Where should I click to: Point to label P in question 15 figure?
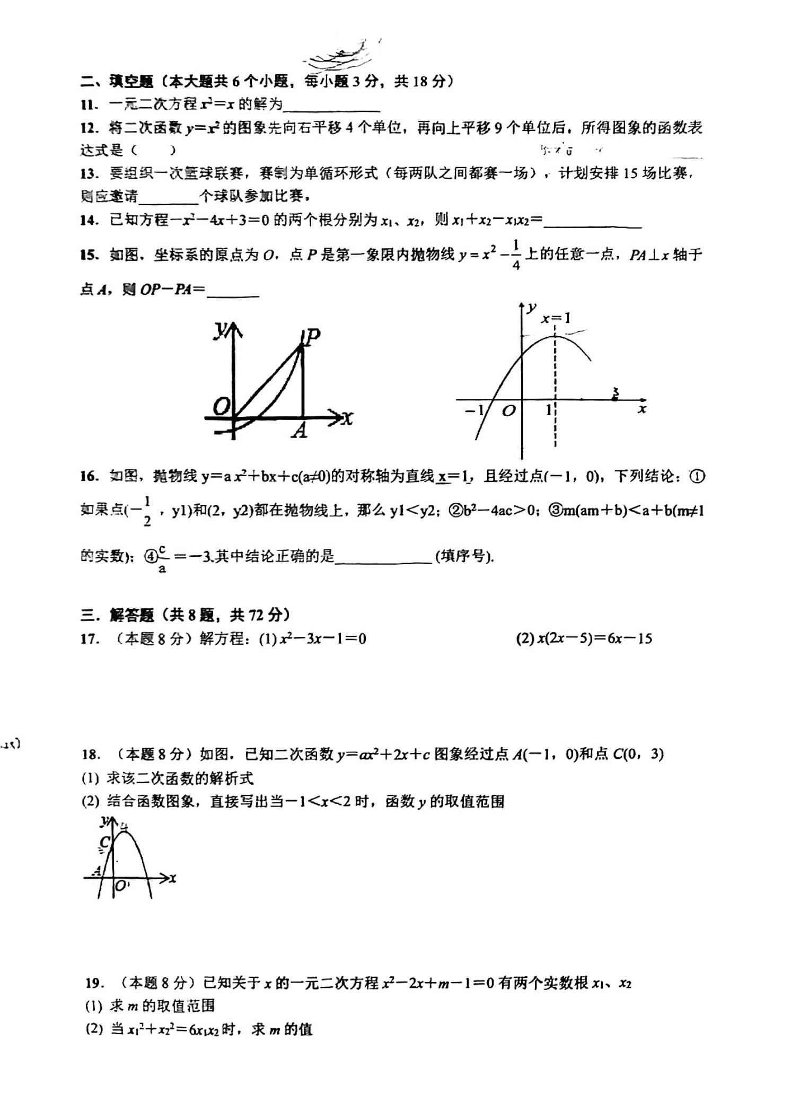(313, 336)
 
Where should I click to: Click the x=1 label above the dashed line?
(556, 318)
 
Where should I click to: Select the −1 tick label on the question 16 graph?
(474, 410)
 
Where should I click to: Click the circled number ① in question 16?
(697, 476)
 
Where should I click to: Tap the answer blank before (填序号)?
(383, 558)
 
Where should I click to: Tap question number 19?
(93, 983)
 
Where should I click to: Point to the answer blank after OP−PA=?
(233, 291)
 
